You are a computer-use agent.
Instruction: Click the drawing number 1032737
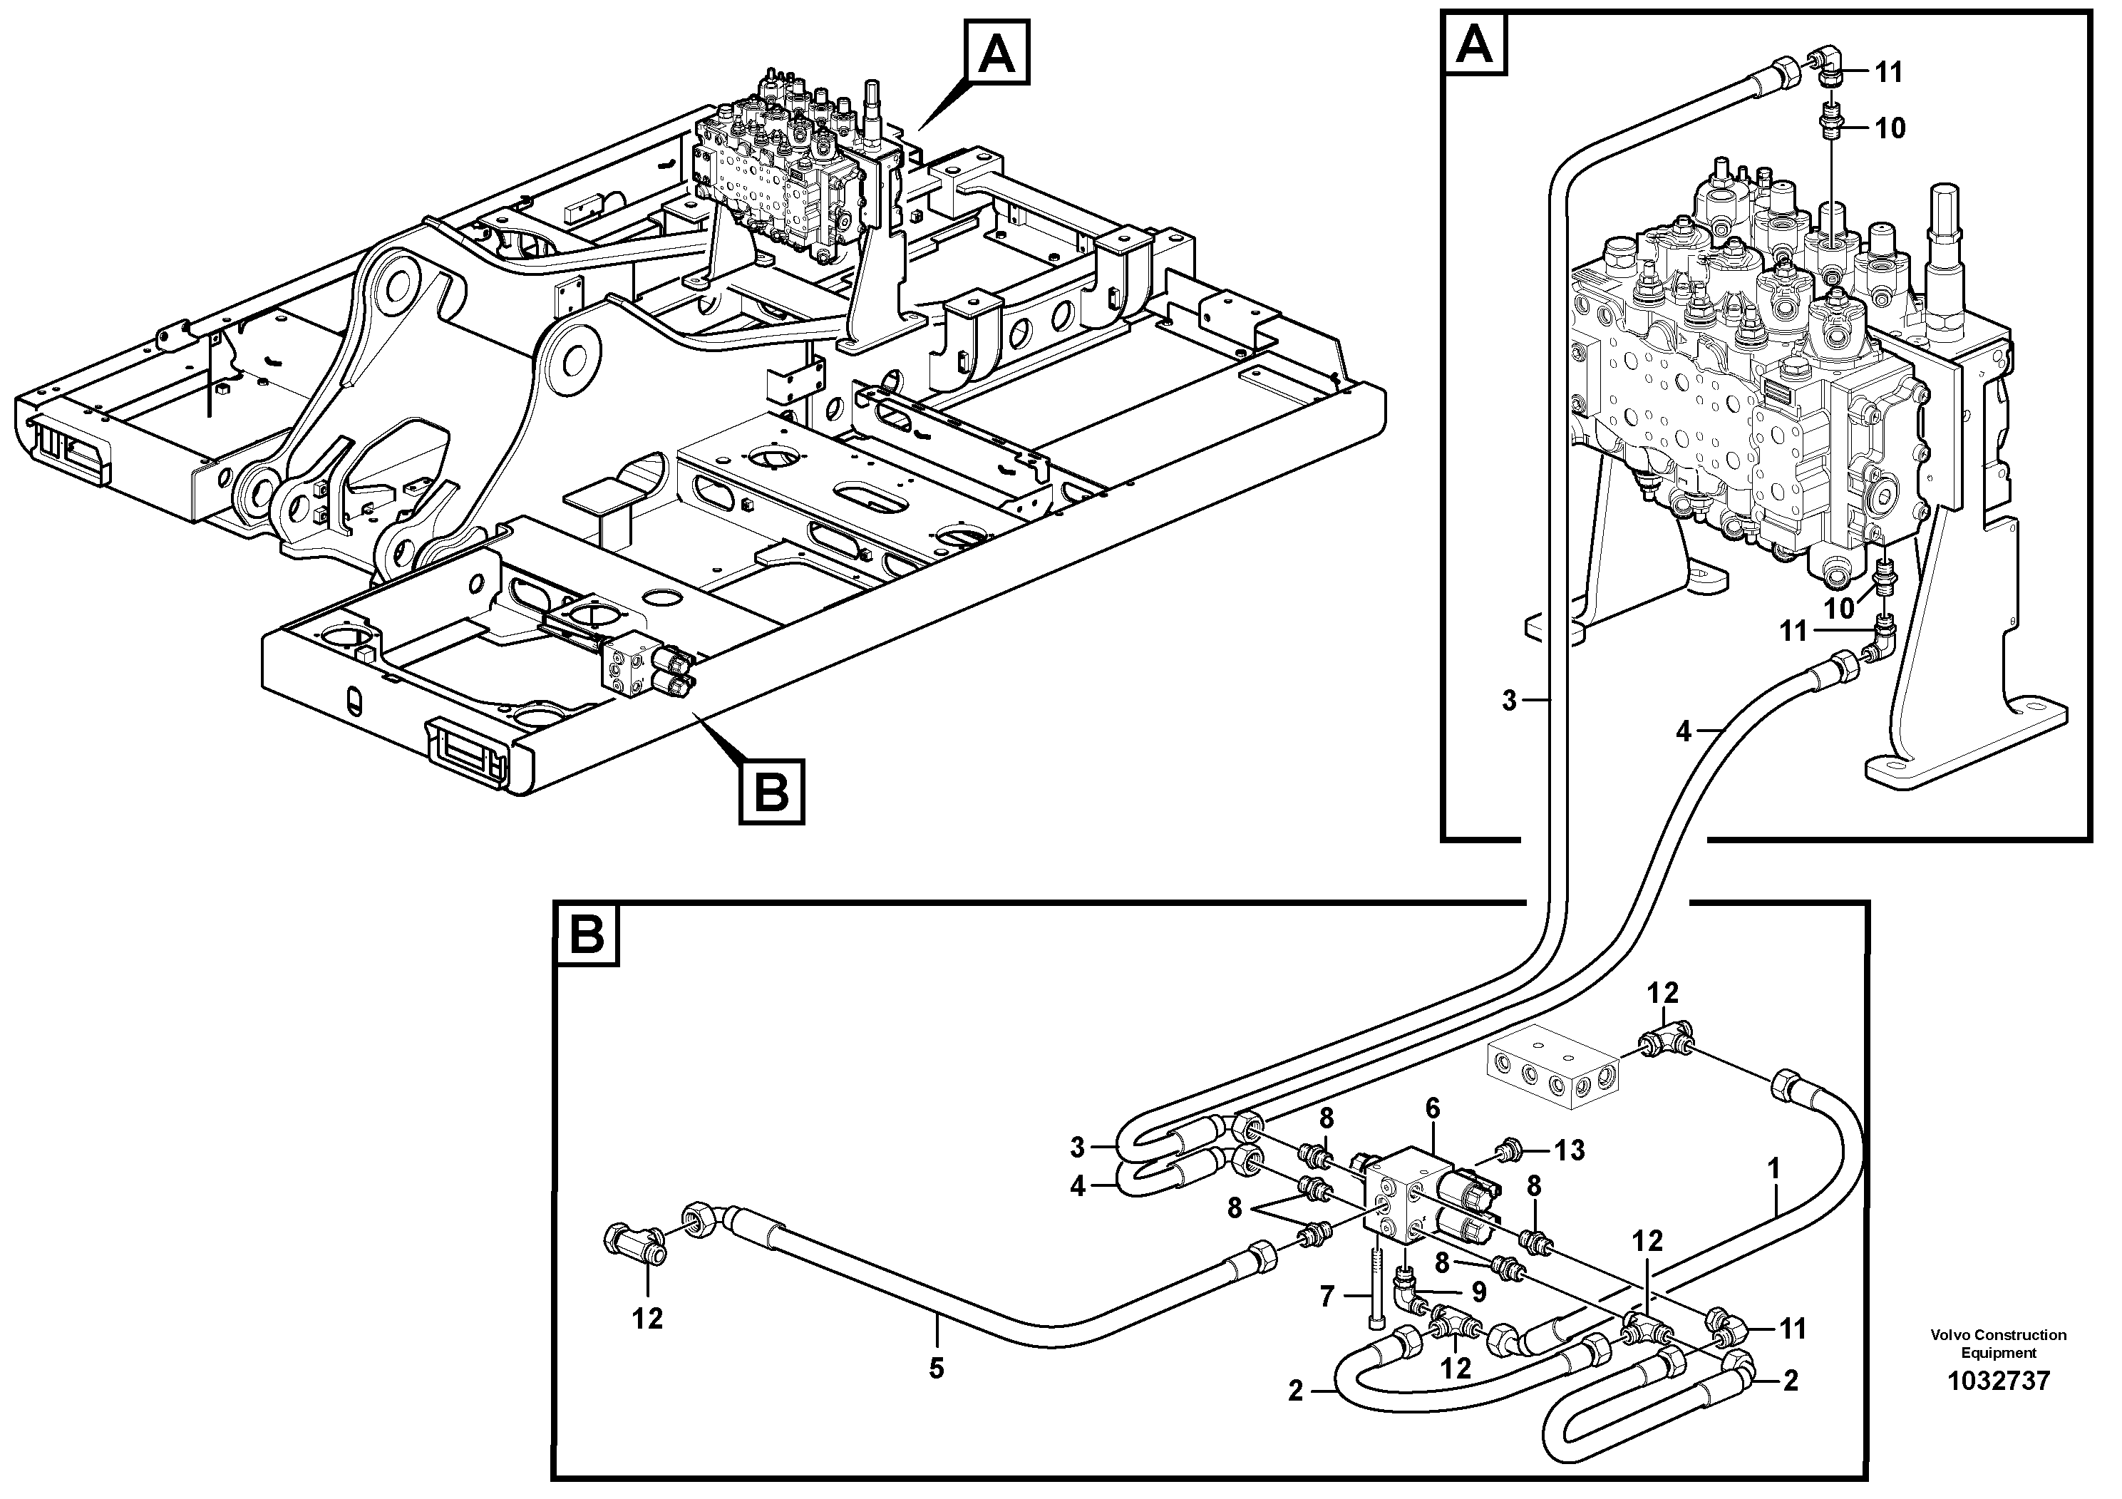1997,1381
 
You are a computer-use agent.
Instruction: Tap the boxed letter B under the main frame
771,790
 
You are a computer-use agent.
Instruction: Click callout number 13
1570,1150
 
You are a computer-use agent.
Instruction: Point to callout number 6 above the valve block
1433,1106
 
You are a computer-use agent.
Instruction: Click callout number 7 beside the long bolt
1327,1297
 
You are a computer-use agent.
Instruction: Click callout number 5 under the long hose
936,1369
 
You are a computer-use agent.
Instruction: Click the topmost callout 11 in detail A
1888,71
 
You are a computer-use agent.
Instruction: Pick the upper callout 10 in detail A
1890,128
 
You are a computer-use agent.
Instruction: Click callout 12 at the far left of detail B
647,1319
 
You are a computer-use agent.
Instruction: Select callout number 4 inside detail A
1684,732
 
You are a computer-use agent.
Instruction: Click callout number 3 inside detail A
1509,701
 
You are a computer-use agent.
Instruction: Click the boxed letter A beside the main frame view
996,54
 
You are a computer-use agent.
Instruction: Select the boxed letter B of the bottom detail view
587,935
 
